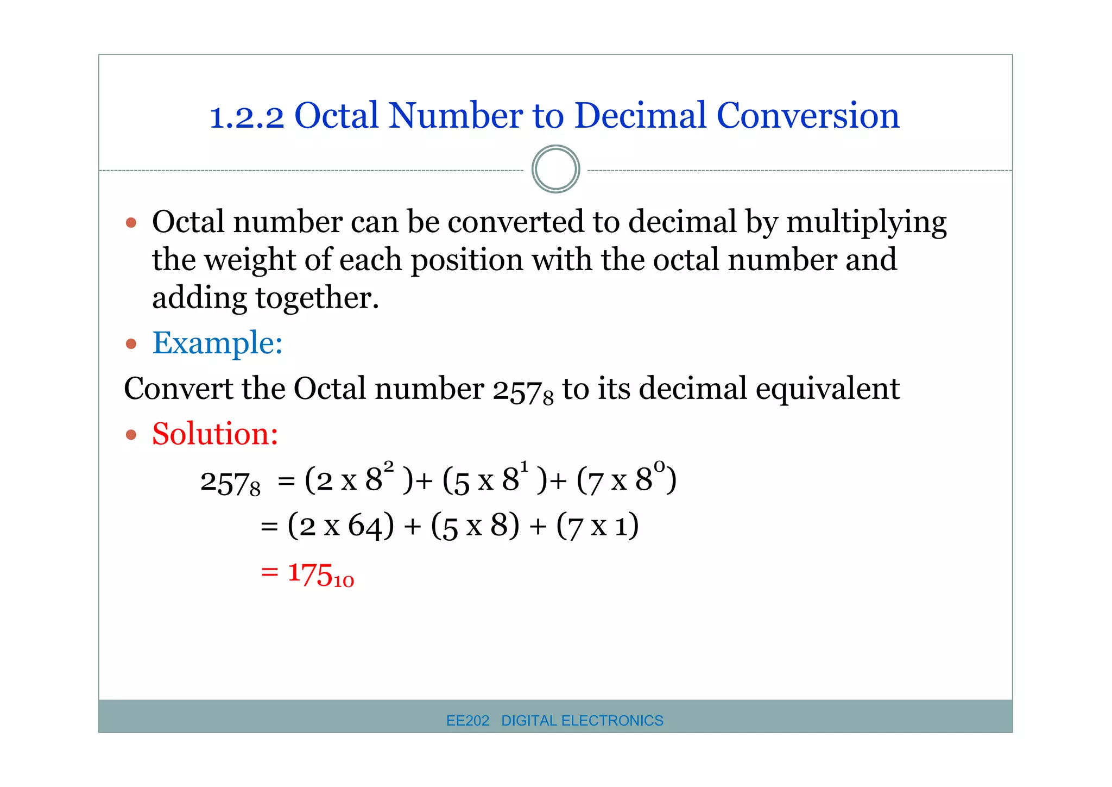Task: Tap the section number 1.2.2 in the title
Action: coord(247,117)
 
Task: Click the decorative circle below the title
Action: coord(555,169)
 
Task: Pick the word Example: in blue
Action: coord(217,343)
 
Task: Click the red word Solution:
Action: coord(215,434)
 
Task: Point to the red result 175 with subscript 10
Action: coord(320,574)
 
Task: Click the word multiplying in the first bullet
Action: coord(866,223)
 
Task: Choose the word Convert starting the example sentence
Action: coord(178,389)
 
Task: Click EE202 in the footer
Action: coord(467,721)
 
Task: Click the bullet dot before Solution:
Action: coord(131,435)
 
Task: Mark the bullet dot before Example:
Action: coord(131,344)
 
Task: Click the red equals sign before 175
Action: coord(269,572)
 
